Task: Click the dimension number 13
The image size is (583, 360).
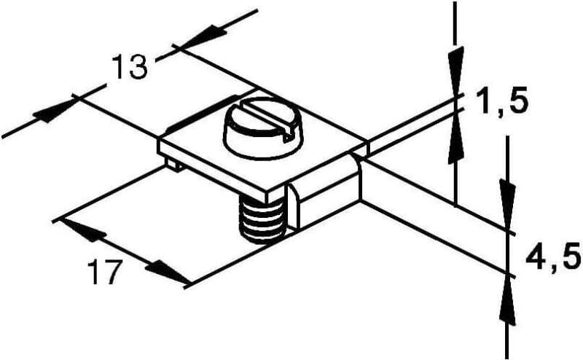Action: [x=129, y=67]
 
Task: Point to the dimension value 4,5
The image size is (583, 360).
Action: [x=553, y=256]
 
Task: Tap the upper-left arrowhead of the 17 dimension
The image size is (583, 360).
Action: [x=83, y=230]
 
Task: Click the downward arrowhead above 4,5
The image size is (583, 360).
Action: [x=507, y=204]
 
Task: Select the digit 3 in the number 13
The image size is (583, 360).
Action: [x=138, y=67]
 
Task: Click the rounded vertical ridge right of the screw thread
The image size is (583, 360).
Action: [x=293, y=206]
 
